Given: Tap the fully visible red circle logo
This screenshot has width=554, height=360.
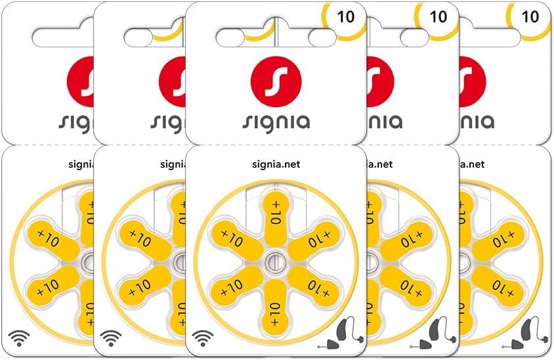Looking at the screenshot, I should pos(276,83).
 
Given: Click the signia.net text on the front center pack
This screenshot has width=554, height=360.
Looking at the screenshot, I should pos(276,165).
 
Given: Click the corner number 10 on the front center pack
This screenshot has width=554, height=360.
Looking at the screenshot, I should pos(345,16).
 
